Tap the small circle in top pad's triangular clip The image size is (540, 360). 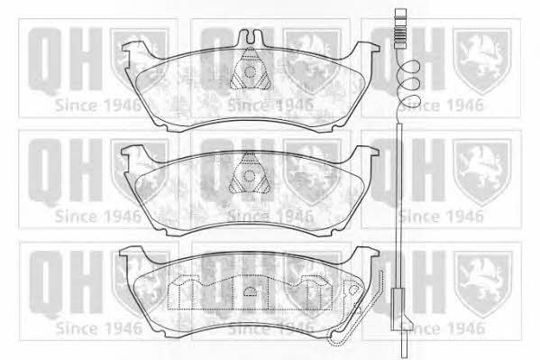coord(250,72)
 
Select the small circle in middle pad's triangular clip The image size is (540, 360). coord(249,176)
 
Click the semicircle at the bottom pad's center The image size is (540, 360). coord(251,291)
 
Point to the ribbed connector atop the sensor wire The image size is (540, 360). coord(400,29)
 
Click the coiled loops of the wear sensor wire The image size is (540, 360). coord(408,83)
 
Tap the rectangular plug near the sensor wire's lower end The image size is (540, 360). coord(398,309)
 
